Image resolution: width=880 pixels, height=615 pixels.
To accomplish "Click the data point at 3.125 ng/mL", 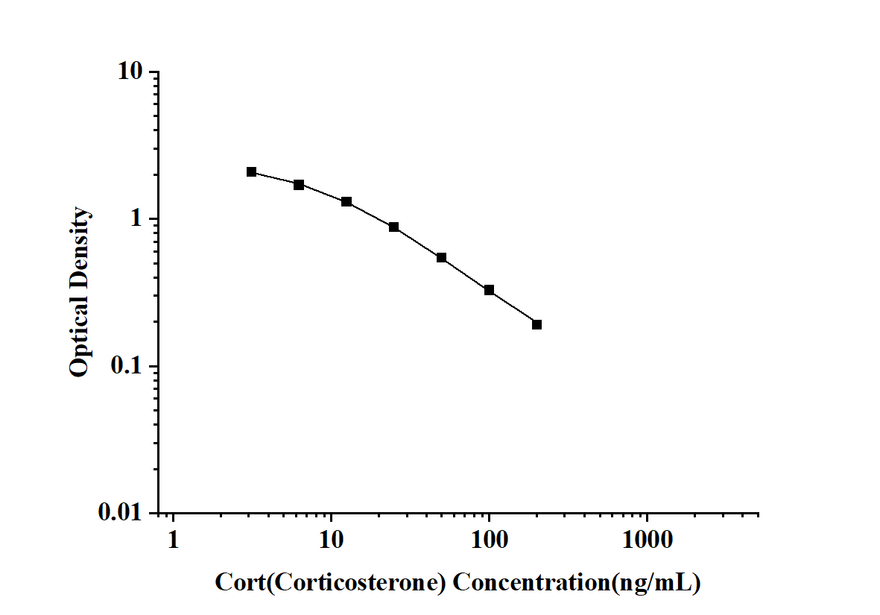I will click(x=251, y=172).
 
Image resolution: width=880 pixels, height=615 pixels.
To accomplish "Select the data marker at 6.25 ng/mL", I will click(x=299, y=185).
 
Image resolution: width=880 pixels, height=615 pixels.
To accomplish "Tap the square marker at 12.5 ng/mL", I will click(x=346, y=202).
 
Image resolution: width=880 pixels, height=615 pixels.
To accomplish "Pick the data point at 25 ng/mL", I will click(x=393, y=227).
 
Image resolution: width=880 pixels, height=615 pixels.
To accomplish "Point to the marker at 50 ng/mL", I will click(x=441, y=258).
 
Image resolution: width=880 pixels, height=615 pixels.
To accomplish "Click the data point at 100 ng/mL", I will click(x=489, y=290).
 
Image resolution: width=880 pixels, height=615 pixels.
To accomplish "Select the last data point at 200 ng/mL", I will click(x=536, y=324).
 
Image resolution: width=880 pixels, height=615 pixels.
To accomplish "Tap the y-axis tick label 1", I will click(x=137, y=219).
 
